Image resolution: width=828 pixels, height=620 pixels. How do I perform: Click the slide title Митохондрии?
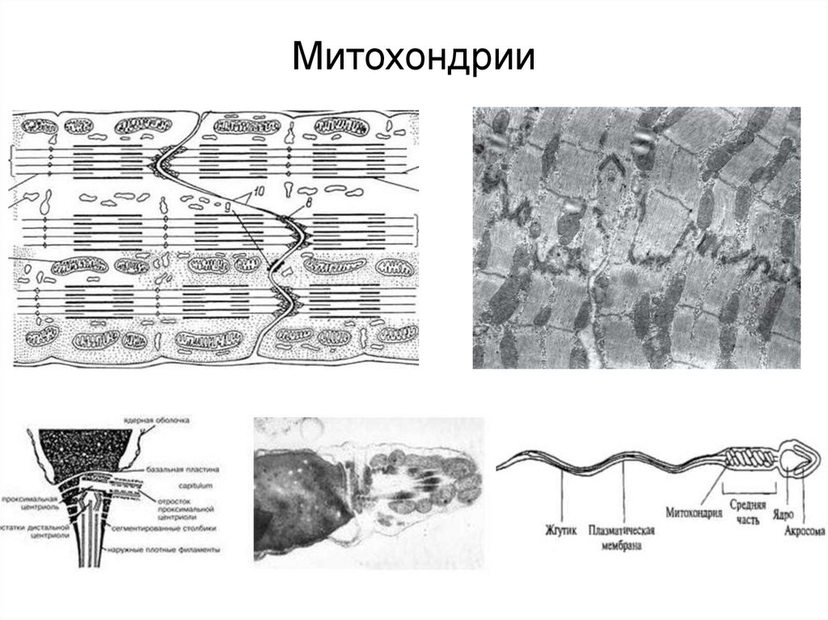[x=413, y=59]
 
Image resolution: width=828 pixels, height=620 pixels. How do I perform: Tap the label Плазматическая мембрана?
[x=622, y=539]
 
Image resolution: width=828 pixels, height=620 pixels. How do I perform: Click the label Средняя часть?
[x=743, y=509]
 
